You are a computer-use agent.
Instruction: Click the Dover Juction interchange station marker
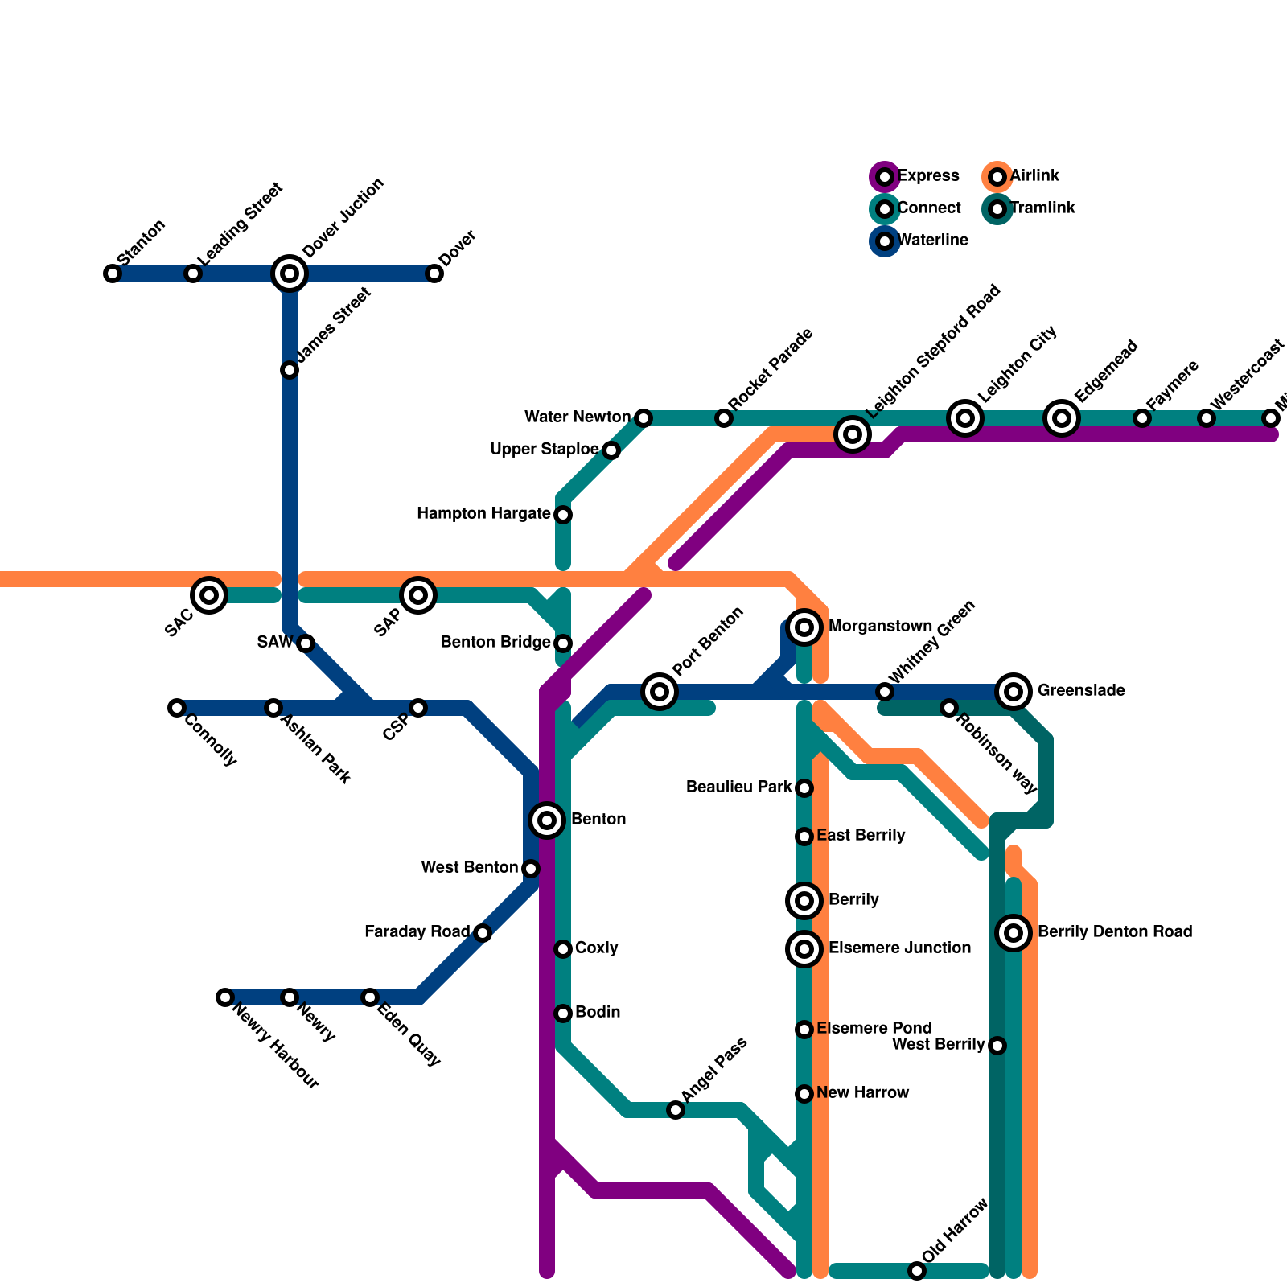[x=290, y=273]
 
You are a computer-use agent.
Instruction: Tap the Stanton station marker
[x=113, y=273]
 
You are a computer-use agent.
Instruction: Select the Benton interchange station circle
[x=547, y=820]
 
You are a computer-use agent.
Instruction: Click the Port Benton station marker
[x=660, y=691]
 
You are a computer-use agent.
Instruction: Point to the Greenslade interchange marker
[x=1014, y=691]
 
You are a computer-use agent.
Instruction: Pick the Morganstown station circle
[x=804, y=627]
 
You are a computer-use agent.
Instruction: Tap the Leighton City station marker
[x=965, y=417]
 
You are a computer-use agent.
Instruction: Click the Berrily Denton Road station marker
[x=1014, y=932]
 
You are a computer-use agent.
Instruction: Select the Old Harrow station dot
[x=917, y=1271]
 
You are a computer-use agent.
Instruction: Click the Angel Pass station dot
[x=676, y=1110]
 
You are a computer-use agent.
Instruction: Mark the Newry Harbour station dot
[x=225, y=997]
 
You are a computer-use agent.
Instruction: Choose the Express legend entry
[x=885, y=176]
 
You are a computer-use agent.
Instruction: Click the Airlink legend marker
[x=997, y=176]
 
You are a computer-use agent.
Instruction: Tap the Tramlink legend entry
[x=997, y=209]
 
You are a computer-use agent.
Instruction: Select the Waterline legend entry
[x=885, y=241]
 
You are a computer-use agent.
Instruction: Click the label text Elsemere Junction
[x=899, y=948]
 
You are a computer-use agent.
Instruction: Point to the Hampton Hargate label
[x=483, y=514]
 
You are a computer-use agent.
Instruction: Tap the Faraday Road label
[x=417, y=932]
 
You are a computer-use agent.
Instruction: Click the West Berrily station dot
[x=997, y=1046]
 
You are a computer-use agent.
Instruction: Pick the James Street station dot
[x=290, y=370]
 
